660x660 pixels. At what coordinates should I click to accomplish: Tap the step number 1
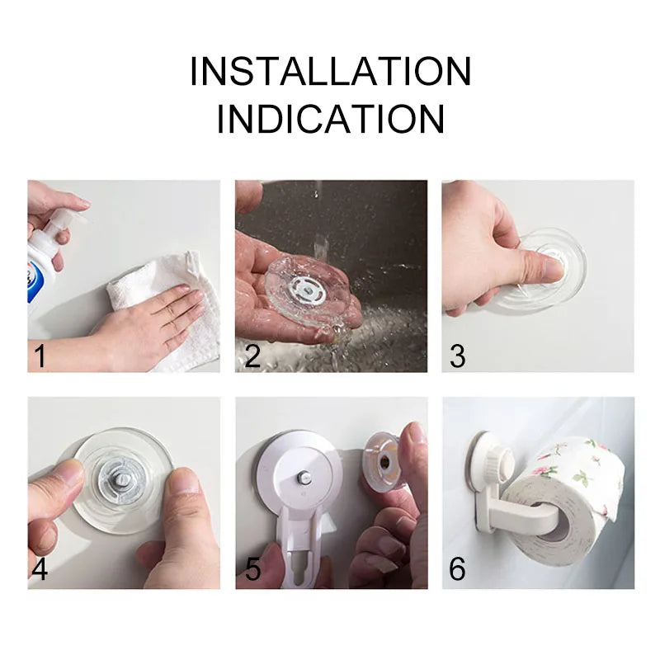pyautogui.click(x=39, y=356)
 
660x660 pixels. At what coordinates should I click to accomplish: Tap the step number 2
pyautogui.click(x=252, y=356)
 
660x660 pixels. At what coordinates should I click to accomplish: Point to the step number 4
pyautogui.click(x=39, y=569)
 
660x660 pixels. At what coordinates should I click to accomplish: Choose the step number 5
pyautogui.click(x=252, y=569)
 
